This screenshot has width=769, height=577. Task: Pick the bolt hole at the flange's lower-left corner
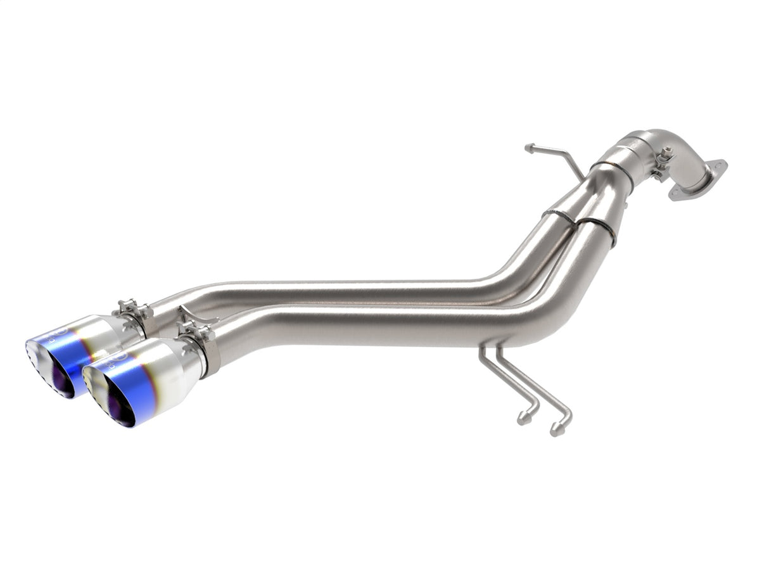(x=676, y=196)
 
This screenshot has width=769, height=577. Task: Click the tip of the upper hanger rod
(x=528, y=148)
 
